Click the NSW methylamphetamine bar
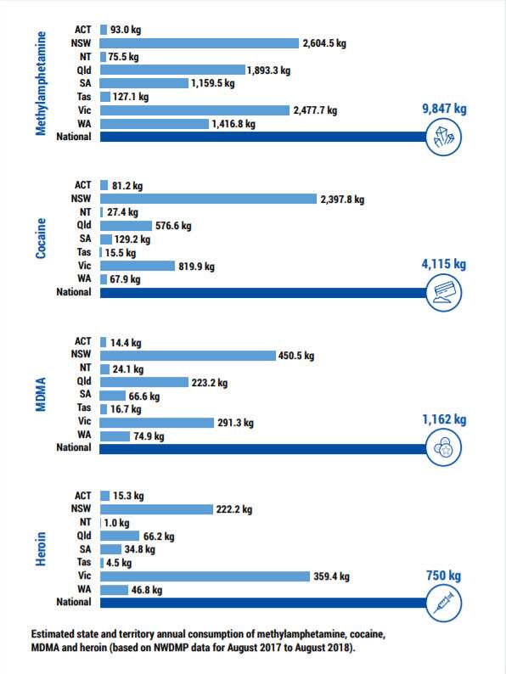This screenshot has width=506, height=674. [200, 43]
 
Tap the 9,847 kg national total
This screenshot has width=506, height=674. [445, 109]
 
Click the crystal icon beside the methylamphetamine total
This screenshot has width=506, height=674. [445, 138]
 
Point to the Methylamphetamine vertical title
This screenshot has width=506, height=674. [41, 82]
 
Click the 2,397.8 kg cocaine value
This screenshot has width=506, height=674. [342, 200]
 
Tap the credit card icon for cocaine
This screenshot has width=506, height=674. [443, 292]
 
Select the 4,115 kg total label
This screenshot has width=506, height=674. [444, 264]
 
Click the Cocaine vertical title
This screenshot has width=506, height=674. [41, 239]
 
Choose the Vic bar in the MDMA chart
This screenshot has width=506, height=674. [157, 422]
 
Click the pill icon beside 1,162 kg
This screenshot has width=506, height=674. [443, 449]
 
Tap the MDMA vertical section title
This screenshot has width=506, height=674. [41, 396]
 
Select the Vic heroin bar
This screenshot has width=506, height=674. [205, 576]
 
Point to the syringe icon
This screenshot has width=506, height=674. [443, 604]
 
